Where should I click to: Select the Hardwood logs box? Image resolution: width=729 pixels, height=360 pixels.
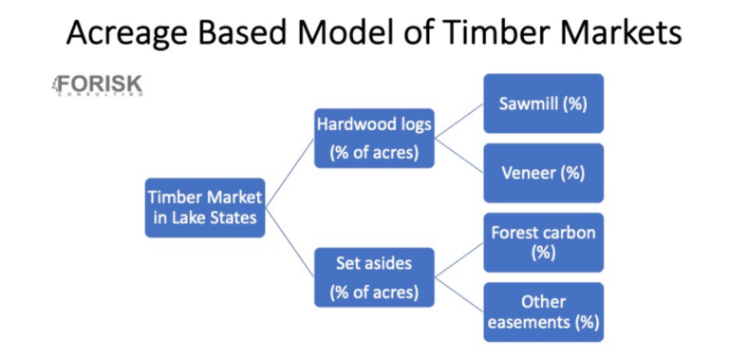pyautogui.click(x=374, y=138)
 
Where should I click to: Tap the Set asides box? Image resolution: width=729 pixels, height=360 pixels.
pyautogui.click(x=374, y=276)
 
